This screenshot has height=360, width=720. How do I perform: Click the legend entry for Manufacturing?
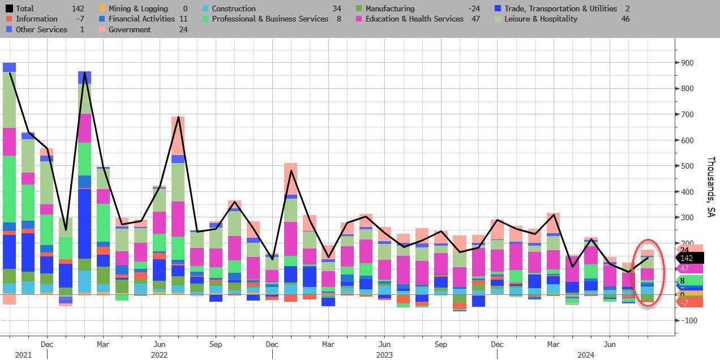(x=389, y=8)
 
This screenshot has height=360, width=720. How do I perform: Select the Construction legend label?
(x=233, y=8)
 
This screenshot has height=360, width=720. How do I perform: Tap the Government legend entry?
(x=130, y=29)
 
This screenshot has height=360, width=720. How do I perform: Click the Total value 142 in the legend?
(x=78, y=8)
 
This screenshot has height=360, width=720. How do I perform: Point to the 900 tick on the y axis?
(x=687, y=63)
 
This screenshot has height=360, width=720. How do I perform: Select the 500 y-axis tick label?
(x=687, y=166)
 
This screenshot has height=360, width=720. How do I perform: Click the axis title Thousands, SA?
(x=710, y=187)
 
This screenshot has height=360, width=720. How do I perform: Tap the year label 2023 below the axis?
(x=385, y=355)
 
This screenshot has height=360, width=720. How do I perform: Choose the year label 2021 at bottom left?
(x=23, y=355)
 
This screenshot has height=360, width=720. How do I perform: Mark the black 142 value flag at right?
(x=689, y=258)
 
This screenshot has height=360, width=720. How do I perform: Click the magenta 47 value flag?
(x=688, y=268)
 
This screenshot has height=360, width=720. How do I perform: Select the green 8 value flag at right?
(x=688, y=281)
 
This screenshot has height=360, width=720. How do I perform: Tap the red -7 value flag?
(x=688, y=303)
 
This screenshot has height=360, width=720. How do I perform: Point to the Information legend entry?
(x=36, y=19)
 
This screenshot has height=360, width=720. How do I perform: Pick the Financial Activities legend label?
(x=141, y=19)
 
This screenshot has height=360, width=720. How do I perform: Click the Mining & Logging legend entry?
(x=138, y=8)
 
